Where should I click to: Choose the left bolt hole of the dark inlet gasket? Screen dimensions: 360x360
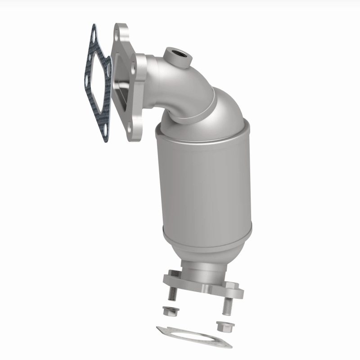[87, 80]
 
